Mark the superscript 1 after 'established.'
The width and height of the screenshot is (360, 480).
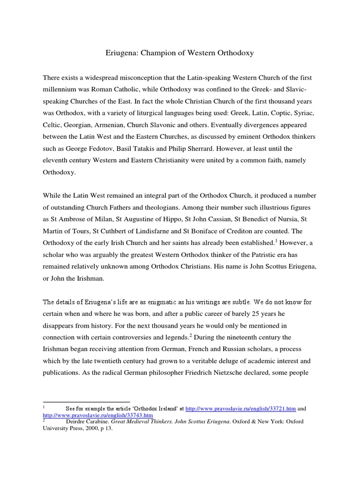pyautogui.click(x=275, y=240)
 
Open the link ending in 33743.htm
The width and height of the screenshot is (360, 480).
pyautogui.click(x=98, y=415)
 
